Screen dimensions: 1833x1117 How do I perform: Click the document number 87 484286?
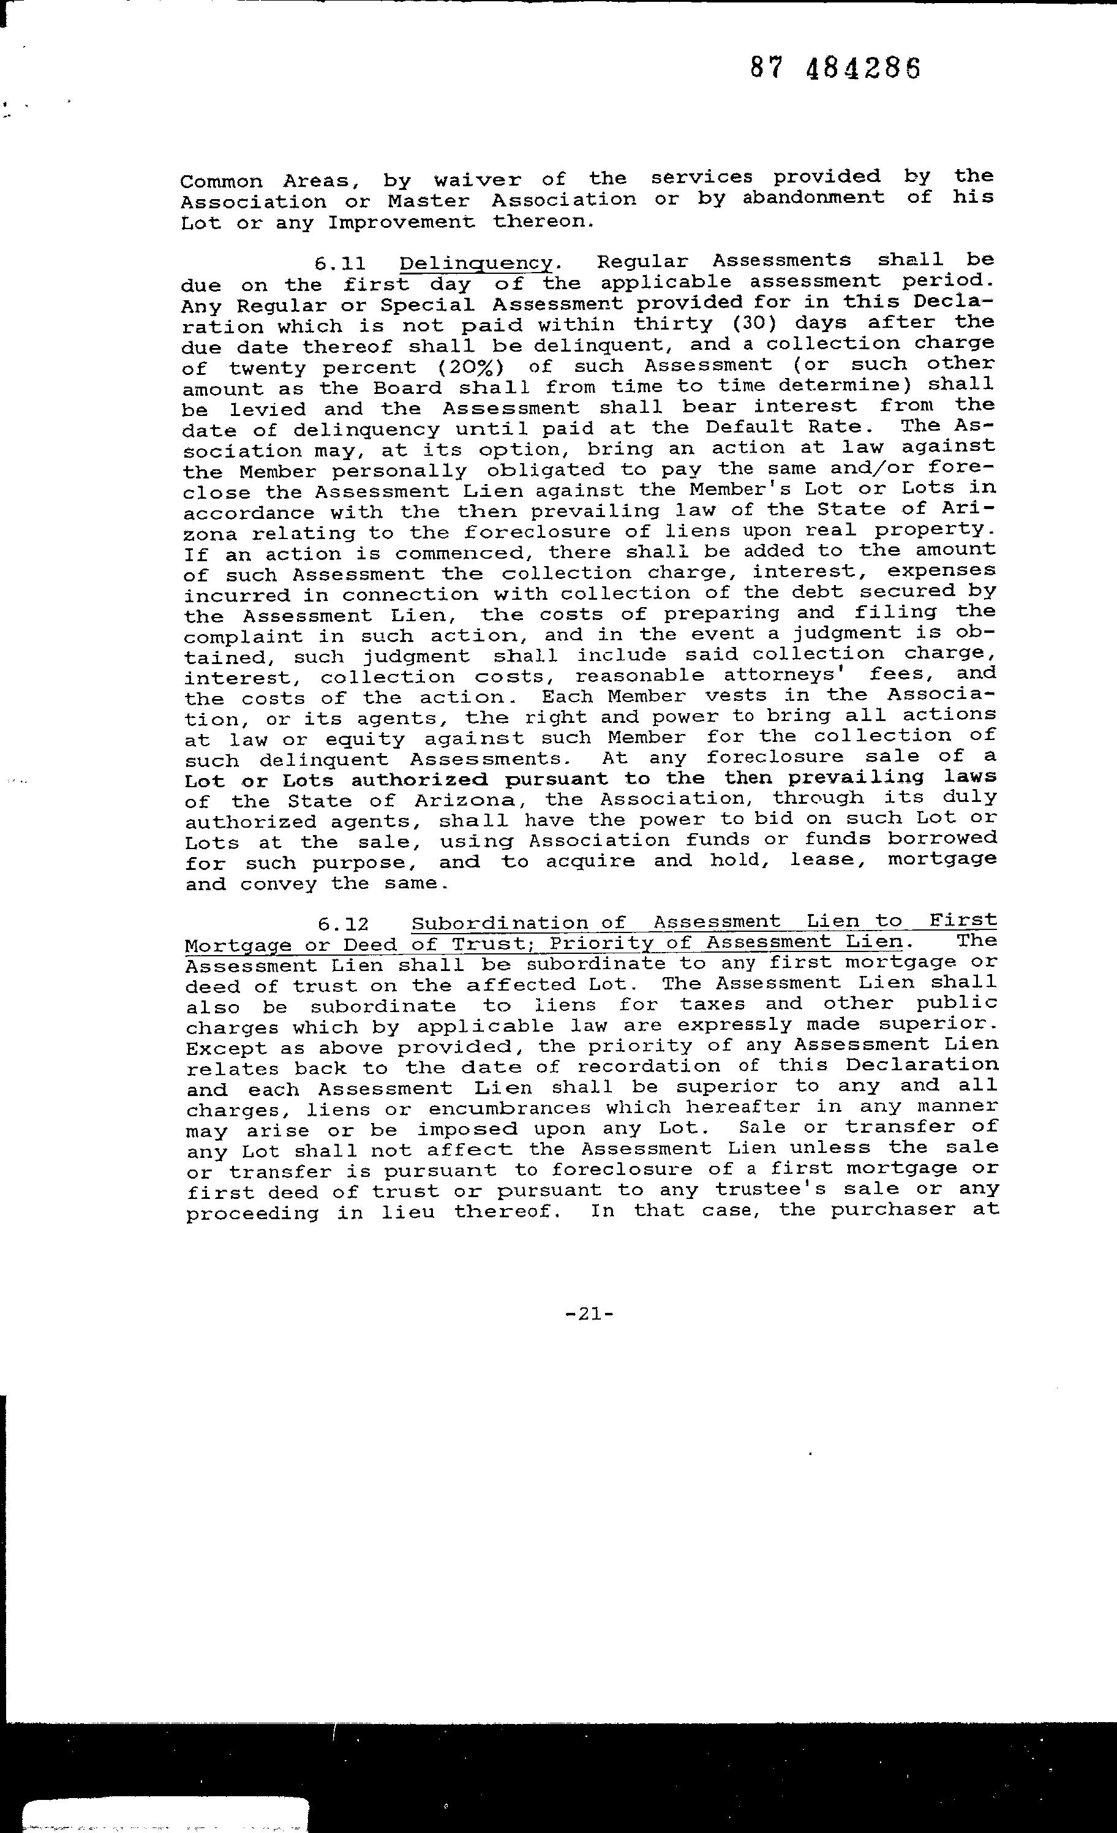tap(835, 69)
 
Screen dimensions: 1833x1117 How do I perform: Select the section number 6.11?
tap(339, 263)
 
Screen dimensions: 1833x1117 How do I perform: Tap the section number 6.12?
tap(343, 924)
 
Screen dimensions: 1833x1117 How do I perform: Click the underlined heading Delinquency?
tap(476, 263)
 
